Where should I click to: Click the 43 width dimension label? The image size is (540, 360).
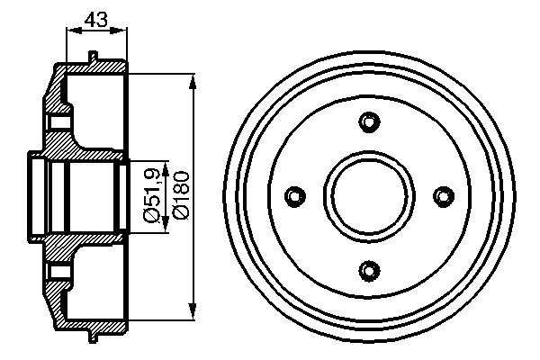[96, 20]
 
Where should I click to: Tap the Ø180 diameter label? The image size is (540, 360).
[182, 195]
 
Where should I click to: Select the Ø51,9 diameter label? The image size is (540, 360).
[151, 194]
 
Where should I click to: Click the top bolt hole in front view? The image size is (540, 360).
[369, 121]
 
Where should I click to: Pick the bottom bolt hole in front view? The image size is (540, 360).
[369, 270]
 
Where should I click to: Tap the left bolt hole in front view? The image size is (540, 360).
[295, 196]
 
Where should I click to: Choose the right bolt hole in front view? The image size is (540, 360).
[444, 196]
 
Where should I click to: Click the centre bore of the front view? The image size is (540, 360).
[369, 196]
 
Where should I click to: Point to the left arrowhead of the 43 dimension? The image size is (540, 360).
[74, 31]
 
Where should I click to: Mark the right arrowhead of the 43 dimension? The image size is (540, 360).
[119, 31]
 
